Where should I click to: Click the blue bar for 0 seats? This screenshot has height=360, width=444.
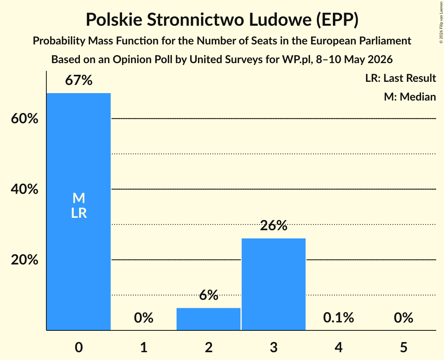tap(79, 212)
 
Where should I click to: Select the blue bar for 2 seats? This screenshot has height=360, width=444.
tap(209, 319)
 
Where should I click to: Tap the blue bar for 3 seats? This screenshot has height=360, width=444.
tap(274, 284)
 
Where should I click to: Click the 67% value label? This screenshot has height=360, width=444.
tap(79, 80)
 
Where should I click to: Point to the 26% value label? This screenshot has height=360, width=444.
tap(274, 226)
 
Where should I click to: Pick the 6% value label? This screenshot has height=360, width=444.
tap(209, 295)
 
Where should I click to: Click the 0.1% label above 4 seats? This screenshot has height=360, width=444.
tap(339, 318)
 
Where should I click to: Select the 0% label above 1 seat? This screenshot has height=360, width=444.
tap(143, 318)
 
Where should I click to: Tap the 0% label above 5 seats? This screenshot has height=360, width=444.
tap(403, 318)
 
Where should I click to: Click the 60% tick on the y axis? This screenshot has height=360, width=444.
tap(25, 118)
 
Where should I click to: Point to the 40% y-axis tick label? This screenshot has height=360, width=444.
tap(25, 189)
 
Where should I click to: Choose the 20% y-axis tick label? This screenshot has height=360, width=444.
tap(25, 259)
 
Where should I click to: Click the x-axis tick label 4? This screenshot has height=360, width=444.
tap(339, 347)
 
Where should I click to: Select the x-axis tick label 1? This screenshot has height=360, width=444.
tap(144, 347)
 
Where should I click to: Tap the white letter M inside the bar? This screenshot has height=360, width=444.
tap(79, 198)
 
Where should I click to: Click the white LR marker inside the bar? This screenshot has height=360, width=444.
tap(79, 213)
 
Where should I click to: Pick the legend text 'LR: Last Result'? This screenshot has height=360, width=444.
tap(401, 78)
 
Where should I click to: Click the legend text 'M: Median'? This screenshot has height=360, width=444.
tap(410, 97)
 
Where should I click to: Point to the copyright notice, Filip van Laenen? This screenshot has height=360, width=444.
tap(441, 22)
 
